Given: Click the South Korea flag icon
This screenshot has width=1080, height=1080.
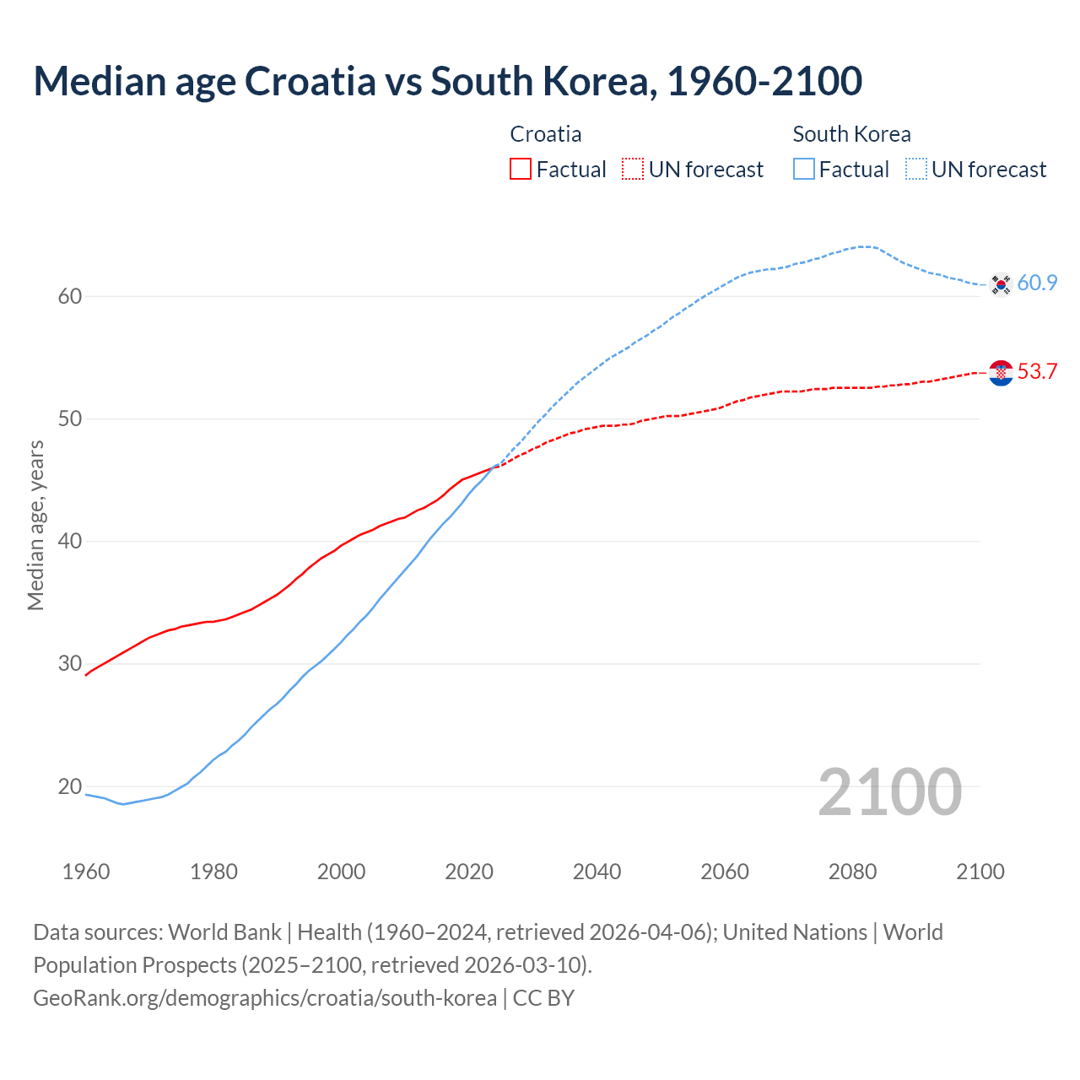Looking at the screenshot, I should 1001,284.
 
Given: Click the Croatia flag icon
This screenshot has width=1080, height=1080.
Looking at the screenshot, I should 1001,372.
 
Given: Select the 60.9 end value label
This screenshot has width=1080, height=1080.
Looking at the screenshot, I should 1037,283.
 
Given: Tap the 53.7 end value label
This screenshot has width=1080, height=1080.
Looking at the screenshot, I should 1037,371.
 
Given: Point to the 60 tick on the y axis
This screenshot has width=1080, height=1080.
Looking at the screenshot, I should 70,296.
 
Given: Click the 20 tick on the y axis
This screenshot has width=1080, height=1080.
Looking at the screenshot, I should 70,786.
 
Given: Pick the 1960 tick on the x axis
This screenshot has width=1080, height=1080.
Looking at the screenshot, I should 86,872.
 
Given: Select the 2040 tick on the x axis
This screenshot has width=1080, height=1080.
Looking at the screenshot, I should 597,872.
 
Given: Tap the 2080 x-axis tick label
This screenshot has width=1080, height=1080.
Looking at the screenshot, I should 852,872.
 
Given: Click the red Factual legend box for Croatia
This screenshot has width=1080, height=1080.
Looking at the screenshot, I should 521,170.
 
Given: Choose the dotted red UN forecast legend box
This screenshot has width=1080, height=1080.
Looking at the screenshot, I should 633,170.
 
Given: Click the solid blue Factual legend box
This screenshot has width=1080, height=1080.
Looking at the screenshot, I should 804,170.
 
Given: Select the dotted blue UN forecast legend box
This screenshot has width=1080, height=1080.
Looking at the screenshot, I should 915,170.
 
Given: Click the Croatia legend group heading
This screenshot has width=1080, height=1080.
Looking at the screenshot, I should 546,134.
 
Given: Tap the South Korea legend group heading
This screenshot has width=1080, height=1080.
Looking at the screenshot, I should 851,134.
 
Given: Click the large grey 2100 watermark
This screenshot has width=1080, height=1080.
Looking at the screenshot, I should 889,791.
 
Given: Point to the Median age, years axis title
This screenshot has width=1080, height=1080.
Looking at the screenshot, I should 35,525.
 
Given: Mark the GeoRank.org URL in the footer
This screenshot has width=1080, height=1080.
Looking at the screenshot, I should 265,998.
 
